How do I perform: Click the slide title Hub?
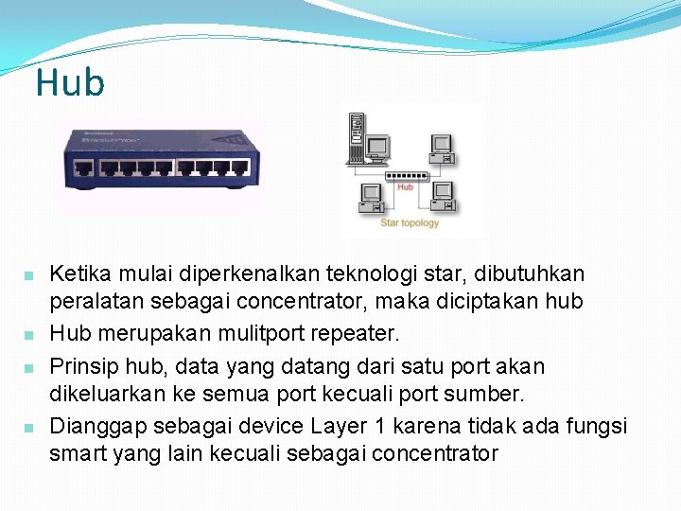pos(70,83)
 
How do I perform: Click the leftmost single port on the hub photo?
pos(84,169)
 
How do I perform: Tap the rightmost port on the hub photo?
pos(244,169)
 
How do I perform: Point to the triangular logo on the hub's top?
pos(228,139)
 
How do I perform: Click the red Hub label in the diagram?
pos(405,187)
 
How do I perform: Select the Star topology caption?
pos(410,223)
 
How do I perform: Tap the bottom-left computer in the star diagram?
pos(370,197)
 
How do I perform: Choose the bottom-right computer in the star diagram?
pos(442,195)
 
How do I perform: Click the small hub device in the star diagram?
pos(406,175)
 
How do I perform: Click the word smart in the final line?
pos(79,453)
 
